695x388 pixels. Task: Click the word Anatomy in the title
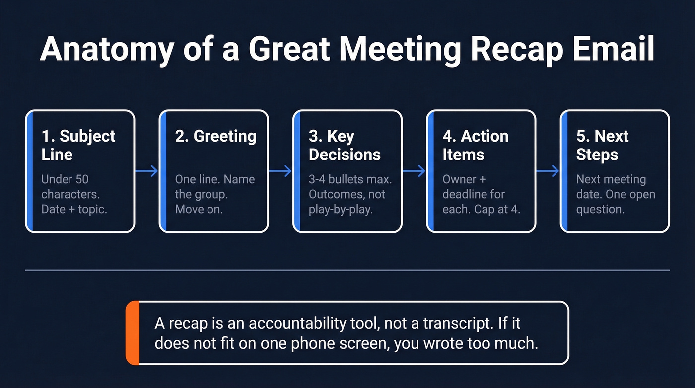pos(107,48)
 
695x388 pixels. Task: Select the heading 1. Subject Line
pos(78,145)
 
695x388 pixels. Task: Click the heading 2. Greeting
pos(215,136)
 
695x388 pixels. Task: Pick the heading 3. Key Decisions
pos(345,145)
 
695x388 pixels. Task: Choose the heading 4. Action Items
pos(475,145)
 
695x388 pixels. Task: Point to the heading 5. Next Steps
pos(602,145)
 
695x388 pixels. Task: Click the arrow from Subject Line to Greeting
pos(147,171)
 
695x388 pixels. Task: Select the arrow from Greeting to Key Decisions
pos(280,171)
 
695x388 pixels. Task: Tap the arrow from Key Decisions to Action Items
pos(415,171)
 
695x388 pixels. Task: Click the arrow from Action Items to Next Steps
pos(548,171)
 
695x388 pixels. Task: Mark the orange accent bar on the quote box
pos(133,332)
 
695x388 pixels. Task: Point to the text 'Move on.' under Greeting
pos(199,209)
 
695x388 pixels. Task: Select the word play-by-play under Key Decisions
pos(341,209)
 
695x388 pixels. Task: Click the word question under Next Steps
pos(600,209)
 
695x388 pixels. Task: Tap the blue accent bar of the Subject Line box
pos(29,171)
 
